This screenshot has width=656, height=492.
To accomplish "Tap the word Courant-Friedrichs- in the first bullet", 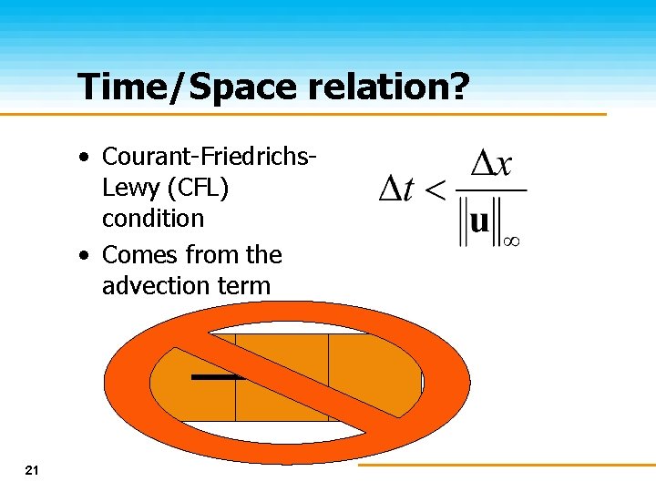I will coord(210,157).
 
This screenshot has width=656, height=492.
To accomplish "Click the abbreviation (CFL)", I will coord(200,189).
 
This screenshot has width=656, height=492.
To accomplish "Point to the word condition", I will coord(153,219).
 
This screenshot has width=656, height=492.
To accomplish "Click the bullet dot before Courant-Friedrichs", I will coord(84,158).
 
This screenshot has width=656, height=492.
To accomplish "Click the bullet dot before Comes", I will coord(84,256).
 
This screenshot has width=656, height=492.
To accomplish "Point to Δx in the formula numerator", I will coord(491,165).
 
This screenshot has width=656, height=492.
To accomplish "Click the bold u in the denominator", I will coord(479,221).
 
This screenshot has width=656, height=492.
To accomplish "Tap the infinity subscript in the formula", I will coord(512,241).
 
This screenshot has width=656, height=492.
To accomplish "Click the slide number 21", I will coord(32,470).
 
